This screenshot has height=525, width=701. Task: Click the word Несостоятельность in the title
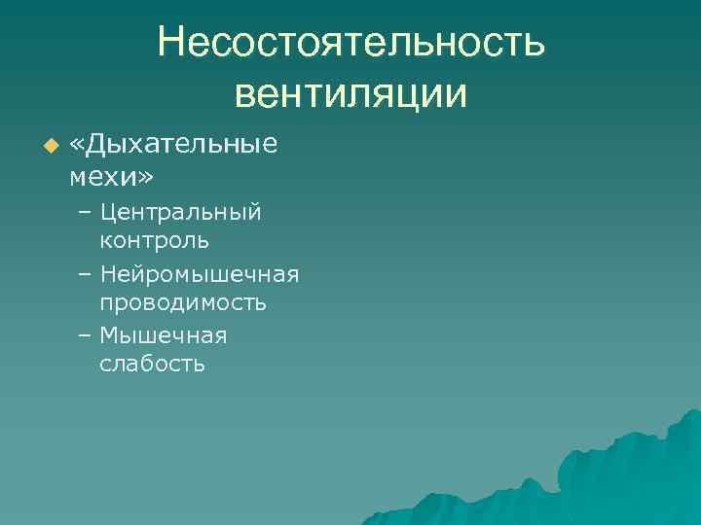(x=351, y=44)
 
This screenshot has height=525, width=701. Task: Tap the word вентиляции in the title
(x=351, y=94)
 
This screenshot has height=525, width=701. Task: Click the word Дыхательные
(x=182, y=145)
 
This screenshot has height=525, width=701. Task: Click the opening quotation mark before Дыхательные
(x=78, y=145)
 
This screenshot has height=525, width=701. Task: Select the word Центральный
(x=180, y=212)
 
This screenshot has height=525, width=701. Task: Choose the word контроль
(x=154, y=239)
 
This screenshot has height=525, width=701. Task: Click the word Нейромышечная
(x=199, y=274)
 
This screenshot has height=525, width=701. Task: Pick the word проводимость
(x=183, y=302)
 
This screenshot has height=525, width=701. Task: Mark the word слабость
(x=152, y=365)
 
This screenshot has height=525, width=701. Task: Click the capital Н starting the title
(x=172, y=44)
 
